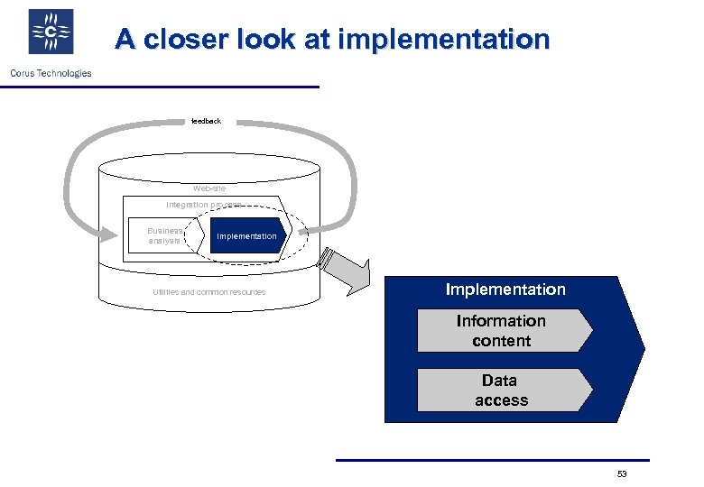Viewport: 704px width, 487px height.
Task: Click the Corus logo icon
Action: pos(51,32)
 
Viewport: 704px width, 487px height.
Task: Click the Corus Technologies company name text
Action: pos(51,73)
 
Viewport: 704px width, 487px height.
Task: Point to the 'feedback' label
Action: pos(206,121)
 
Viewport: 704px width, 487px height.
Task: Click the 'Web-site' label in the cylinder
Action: pos(209,188)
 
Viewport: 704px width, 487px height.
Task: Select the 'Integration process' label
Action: pos(203,205)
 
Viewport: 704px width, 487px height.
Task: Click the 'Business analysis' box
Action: pos(164,235)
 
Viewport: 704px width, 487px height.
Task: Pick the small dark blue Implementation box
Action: pos(246,236)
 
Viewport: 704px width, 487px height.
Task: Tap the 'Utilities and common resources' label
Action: pos(209,292)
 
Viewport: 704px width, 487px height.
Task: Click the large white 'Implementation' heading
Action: pos(505,289)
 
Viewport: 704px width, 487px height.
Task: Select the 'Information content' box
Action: pos(502,331)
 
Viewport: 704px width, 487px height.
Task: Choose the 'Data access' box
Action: pos(502,391)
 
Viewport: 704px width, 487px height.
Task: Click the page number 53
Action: pos(621,473)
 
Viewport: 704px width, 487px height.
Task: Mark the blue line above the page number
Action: pos(492,460)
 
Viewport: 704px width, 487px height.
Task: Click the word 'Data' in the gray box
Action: pos(499,381)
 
